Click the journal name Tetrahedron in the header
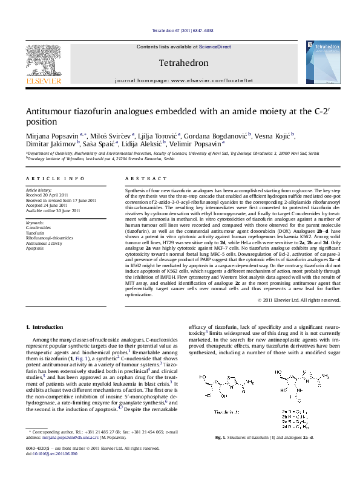pyautogui.click(x=183, y=63)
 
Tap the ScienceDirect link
pyautogui.click(x=214, y=47)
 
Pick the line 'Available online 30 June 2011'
pyautogui.click(x=53, y=210)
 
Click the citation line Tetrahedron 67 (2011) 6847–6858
pyautogui.click(x=182, y=30)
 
